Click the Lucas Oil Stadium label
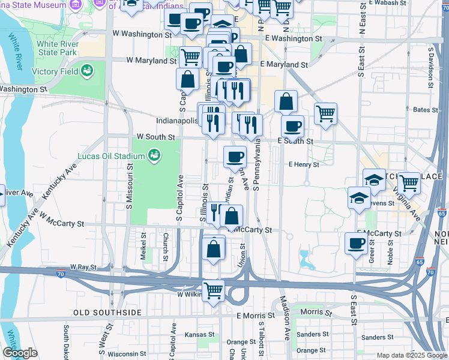click(x=111, y=157)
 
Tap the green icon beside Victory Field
click(x=88, y=71)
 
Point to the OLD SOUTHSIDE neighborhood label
click(x=107, y=313)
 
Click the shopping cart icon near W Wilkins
click(x=213, y=291)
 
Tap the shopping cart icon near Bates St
click(x=325, y=113)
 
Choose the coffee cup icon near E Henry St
click(x=235, y=157)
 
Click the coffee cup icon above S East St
click(x=356, y=243)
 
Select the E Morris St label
click(x=255, y=315)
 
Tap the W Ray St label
click(x=83, y=266)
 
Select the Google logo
click(x=20, y=353)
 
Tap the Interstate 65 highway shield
click(x=442, y=213)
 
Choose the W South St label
click(x=155, y=137)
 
